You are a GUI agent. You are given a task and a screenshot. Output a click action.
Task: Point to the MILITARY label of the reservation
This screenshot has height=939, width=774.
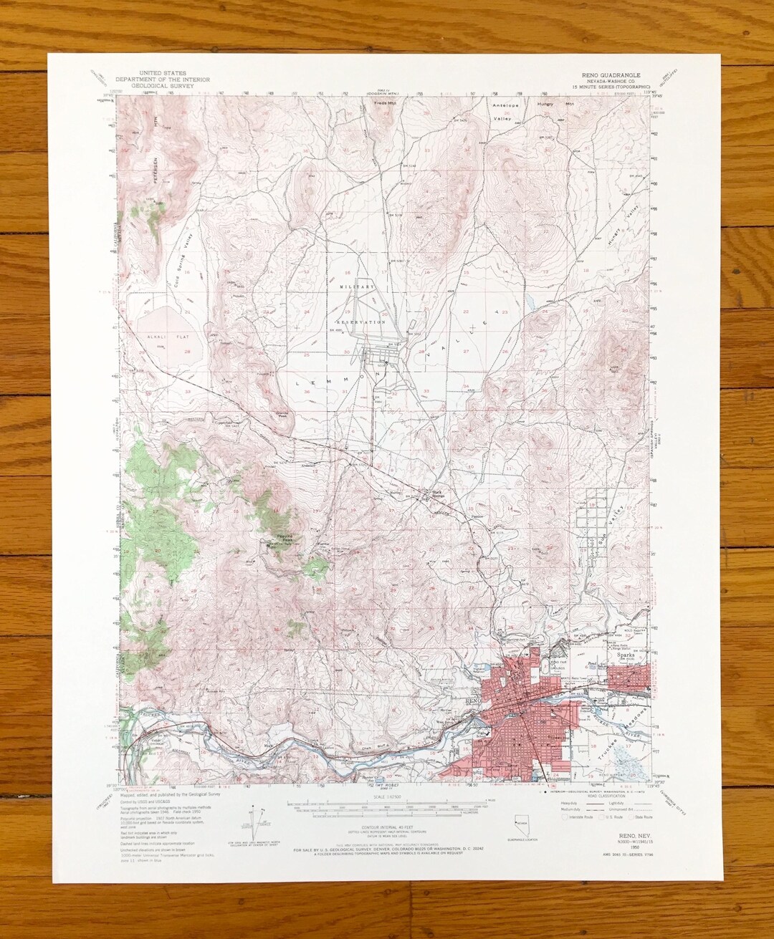[357, 286]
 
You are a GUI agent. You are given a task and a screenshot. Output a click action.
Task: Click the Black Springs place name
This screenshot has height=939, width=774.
[437, 493]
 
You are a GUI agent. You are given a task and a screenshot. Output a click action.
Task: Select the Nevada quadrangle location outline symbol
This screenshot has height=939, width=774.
[521, 824]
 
